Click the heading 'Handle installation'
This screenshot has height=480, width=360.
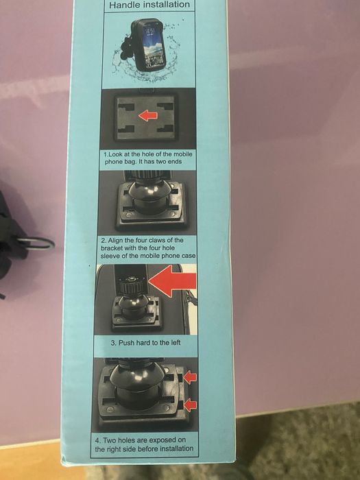coord(149,5)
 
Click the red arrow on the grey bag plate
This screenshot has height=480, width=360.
coord(148,116)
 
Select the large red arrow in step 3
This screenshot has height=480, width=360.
coord(172,281)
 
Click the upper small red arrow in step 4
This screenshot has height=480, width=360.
coord(190,377)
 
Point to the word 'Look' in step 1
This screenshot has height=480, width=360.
coord(115,154)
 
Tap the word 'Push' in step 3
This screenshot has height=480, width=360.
coord(125,343)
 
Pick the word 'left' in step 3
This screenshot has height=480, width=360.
coord(175,343)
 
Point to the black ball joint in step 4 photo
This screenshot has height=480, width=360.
coord(138,376)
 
